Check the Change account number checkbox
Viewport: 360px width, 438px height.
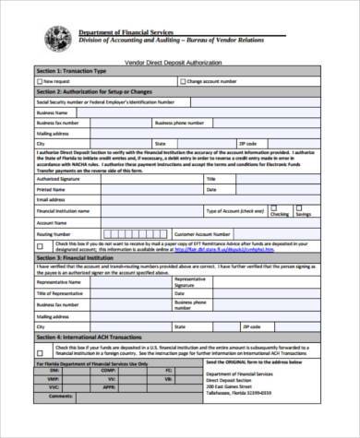point(182,81)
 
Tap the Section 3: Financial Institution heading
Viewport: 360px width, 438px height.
point(75,257)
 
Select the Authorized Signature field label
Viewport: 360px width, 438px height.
point(57,178)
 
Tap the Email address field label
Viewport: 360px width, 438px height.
point(51,199)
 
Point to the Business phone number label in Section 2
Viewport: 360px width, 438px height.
point(179,122)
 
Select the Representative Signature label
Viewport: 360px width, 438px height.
point(190,281)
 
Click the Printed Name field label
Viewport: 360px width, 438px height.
point(52,189)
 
